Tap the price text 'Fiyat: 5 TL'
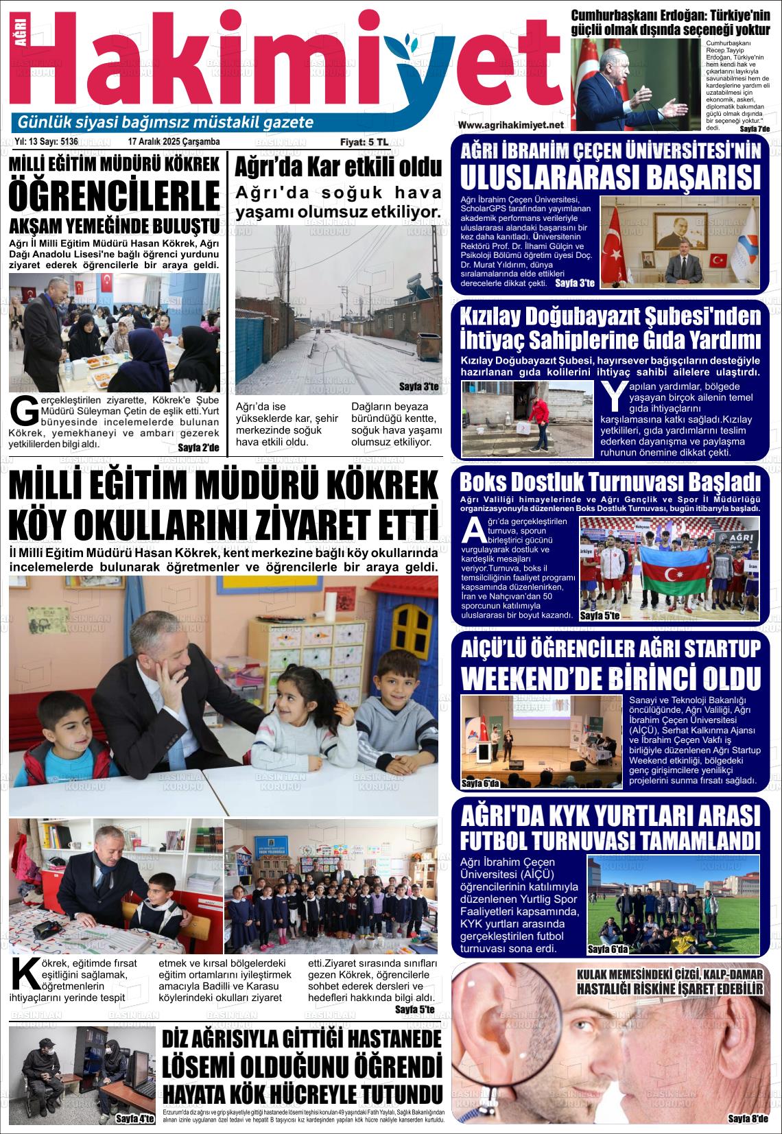tap(364, 142)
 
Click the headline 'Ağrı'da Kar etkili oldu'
tap(338, 168)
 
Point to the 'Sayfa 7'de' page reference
tap(755, 129)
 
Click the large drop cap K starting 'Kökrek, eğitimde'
tap(25, 977)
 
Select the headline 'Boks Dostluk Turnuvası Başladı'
tap(610, 480)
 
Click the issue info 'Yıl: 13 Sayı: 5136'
tap(45, 142)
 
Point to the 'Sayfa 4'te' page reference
tap(135, 1118)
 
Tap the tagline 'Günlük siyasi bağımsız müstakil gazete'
tap(165, 123)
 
